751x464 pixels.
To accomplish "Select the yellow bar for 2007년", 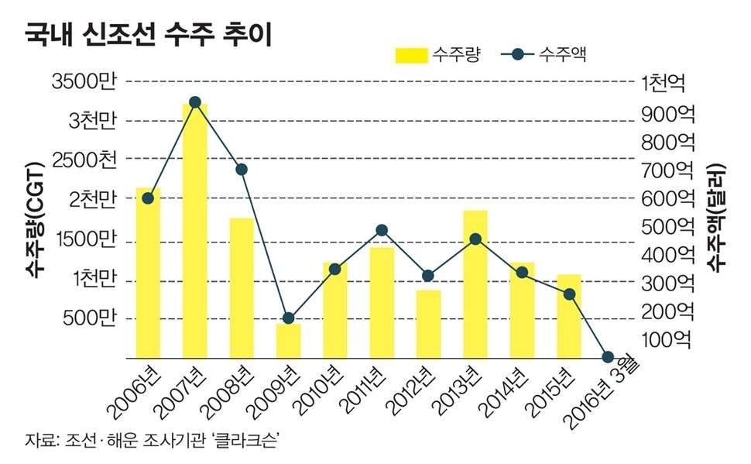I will pyautogui.click(x=194, y=232).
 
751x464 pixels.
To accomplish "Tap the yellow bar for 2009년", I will pyautogui.click(x=288, y=341).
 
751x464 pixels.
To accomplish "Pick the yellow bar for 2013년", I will pyautogui.click(x=475, y=284).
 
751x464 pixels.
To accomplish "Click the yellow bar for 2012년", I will pyautogui.click(x=428, y=324).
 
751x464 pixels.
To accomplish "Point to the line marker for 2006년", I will pyautogui.click(x=148, y=198).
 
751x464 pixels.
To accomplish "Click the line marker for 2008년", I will pyautogui.click(x=241, y=170).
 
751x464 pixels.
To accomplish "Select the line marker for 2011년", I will pyautogui.click(x=382, y=230).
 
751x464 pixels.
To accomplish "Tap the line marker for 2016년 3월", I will pyautogui.click(x=608, y=357).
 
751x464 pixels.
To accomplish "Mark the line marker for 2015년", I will pyautogui.click(x=569, y=294).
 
